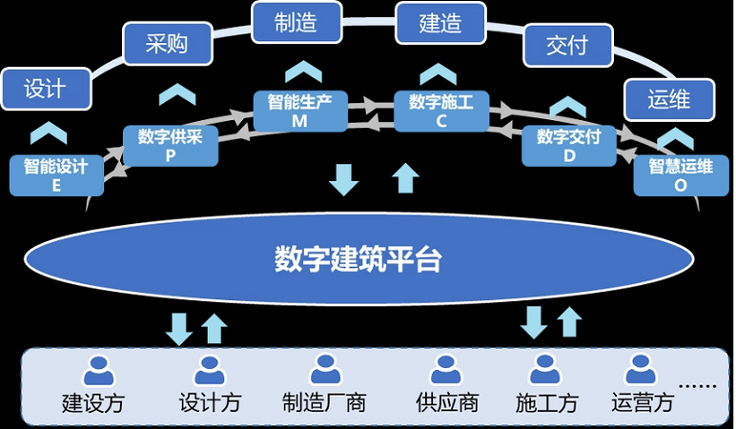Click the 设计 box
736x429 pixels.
(45, 88)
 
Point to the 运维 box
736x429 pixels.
(668, 97)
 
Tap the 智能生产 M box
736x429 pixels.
(300, 111)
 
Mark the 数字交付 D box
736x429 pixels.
(569, 146)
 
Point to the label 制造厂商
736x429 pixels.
(324, 402)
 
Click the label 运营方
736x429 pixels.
(643, 402)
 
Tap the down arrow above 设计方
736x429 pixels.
(178, 329)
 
